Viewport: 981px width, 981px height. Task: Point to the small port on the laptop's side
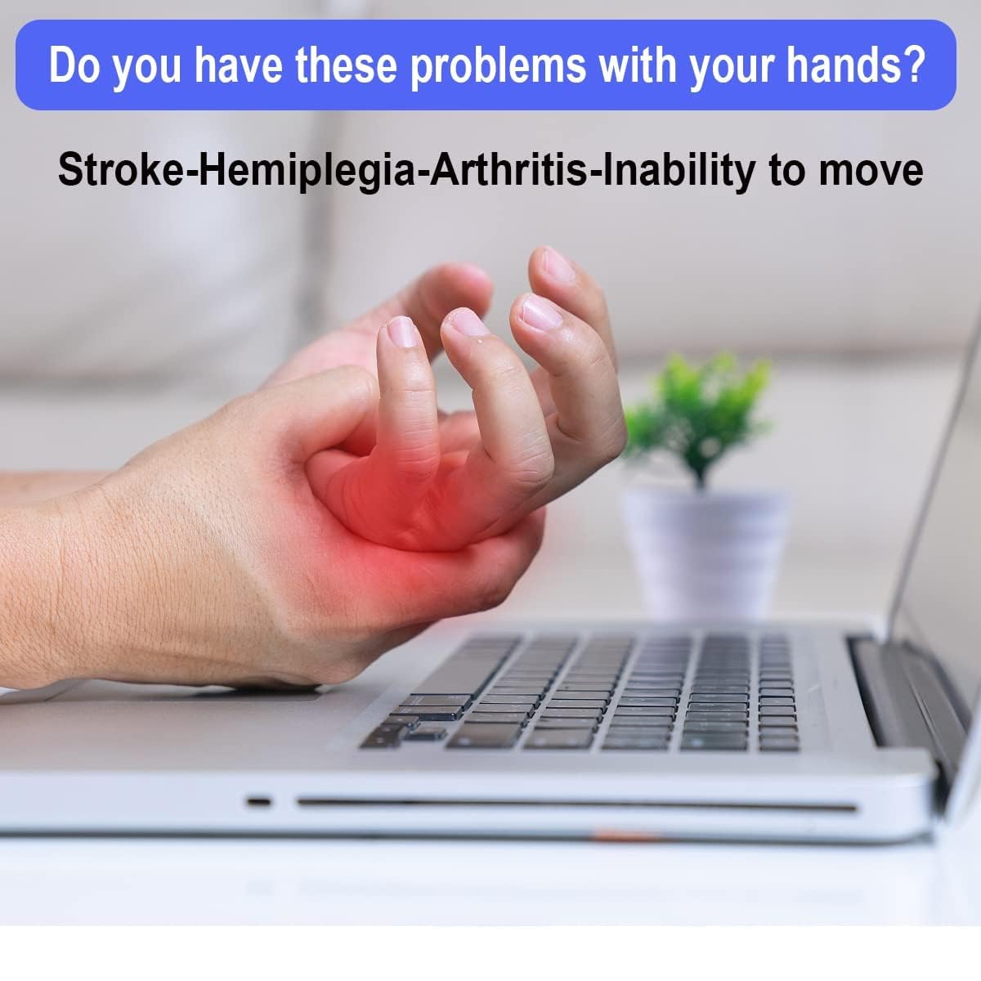click(x=259, y=801)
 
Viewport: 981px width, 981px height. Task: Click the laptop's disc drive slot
click(x=572, y=805)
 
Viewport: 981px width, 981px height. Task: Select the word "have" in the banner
click(x=237, y=65)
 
